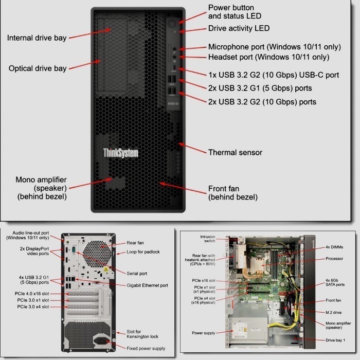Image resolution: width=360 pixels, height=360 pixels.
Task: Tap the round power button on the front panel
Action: click(x=171, y=23)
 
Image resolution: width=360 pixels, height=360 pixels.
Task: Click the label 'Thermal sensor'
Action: click(x=235, y=152)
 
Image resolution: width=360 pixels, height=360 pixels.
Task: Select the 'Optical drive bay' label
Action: click(x=37, y=68)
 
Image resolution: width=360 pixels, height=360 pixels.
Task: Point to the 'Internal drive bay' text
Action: click(x=37, y=38)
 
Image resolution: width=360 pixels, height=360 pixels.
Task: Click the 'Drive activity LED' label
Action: click(x=239, y=28)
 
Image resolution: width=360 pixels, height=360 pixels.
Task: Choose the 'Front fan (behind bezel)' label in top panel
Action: click(x=232, y=193)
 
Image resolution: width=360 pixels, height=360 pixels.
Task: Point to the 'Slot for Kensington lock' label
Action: click(x=142, y=334)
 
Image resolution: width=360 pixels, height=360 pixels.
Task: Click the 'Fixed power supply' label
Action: click(x=146, y=348)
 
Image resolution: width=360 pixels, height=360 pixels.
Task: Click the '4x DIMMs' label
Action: click(x=335, y=247)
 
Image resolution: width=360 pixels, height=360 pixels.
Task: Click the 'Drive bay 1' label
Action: click(x=335, y=340)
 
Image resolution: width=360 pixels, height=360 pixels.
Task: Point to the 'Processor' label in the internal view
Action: click(x=334, y=259)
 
